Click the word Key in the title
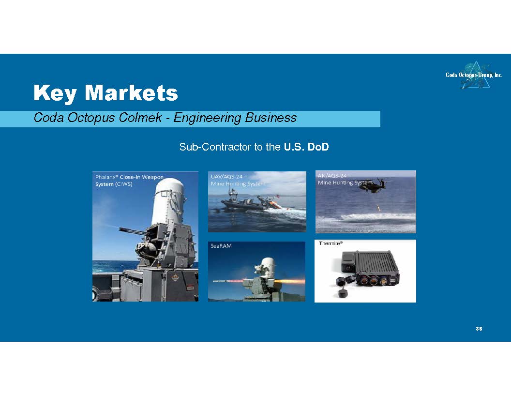[x=55, y=93]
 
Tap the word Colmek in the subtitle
[x=140, y=117]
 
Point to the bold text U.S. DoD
[x=306, y=147]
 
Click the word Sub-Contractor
[x=215, y=147]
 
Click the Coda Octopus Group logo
[x=474, y=75]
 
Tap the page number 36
[x=479, y=329]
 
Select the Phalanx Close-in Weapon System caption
[x=129, y=181]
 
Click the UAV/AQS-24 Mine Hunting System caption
[x=238, y=180]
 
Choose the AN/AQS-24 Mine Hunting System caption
[x=345, y=179]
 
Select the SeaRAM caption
[x=221, y=246]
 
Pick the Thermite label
[x=331, y=243]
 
